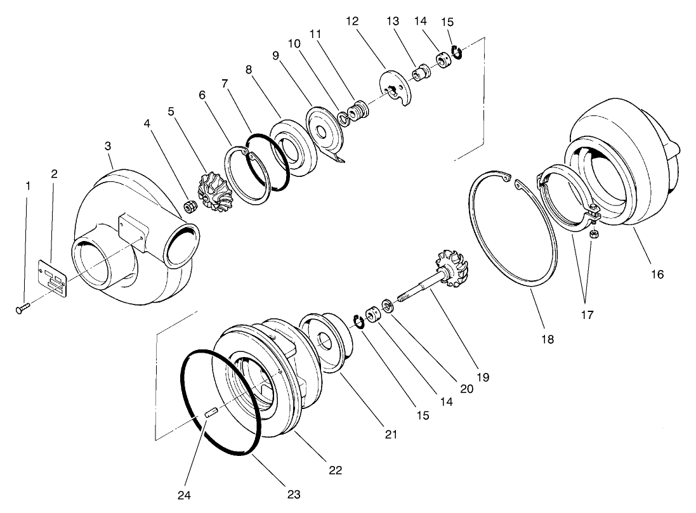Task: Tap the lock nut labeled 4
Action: click(x=188, y=205)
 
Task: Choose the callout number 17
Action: click(x=587, y=315)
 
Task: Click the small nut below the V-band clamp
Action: click(x=594, y=235)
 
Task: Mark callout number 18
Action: click(x=547, y=339)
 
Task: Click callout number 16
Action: click(x=657, y=275)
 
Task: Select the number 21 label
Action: click(x=390, y=434)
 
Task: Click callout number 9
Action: click(x=276, y=56)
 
